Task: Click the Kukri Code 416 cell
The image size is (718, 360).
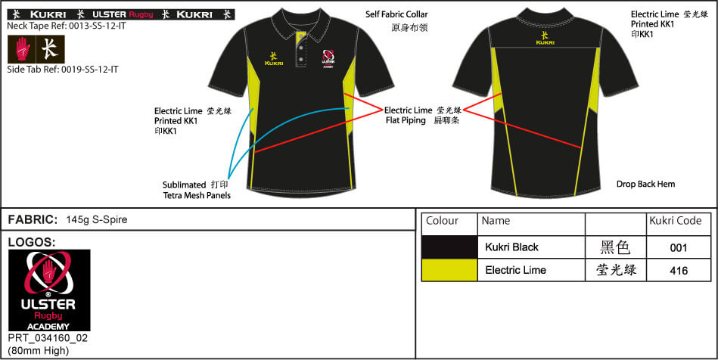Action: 679,270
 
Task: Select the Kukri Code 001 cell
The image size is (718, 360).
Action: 679,247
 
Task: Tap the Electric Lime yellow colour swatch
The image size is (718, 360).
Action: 449,270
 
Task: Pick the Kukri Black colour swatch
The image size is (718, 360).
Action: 449,247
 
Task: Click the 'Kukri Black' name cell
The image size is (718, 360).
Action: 511,247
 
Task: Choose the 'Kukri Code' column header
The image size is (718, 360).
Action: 675,221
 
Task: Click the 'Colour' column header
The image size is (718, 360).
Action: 443,221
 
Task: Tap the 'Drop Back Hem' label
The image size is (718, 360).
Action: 645,184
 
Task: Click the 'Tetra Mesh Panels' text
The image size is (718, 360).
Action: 197,196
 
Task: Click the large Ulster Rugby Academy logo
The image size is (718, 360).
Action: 49,290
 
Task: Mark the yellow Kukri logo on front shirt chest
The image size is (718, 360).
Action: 273,57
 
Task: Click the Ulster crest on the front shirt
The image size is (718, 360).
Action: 328,59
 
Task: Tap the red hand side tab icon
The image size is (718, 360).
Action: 23,49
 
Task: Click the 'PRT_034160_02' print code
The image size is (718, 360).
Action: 48,338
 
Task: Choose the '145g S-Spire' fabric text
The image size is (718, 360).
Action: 97,220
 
